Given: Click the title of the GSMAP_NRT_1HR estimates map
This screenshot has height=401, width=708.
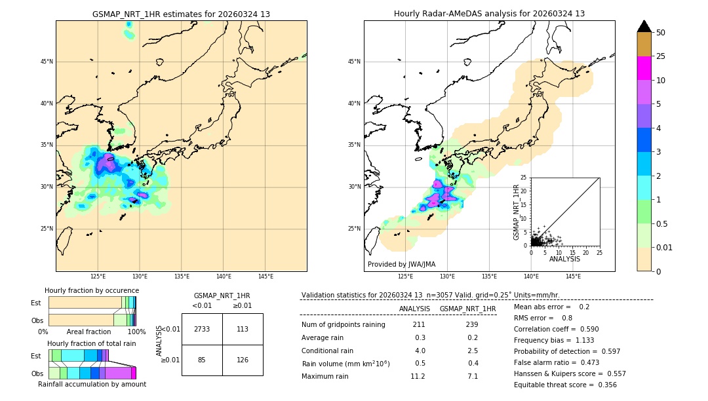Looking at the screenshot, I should pyautogui.click(x=181, y=14).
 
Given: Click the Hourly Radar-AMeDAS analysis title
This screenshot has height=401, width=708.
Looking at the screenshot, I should pyautogui.click(x=489, y=14).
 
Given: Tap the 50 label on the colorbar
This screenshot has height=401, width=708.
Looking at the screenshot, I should pyautogui.click(x=661, y=33).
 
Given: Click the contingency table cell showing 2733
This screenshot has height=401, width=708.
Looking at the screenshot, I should pyautogui.click(x=202, y=329).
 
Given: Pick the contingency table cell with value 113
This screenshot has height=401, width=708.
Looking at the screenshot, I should pyautogui.click(x=243, y=329).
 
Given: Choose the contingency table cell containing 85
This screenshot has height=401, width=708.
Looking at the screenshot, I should pyautogui.click(x=202, y=359).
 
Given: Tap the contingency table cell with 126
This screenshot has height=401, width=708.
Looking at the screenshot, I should pyautogui.click(x=243, y=359).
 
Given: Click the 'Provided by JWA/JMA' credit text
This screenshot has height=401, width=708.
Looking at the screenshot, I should pyautogui.click(x=401, y=265).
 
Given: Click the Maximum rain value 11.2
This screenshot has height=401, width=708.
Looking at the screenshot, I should pyautogui.click(x=418, y=376).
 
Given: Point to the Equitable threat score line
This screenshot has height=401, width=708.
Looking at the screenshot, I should pyautogui.click(x=565, y=385).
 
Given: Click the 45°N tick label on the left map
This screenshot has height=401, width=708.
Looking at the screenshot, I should pyautogui.click(x=47, y=62).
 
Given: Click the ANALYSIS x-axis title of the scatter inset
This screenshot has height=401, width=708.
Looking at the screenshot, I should pyautogui.click(x=564, y=259).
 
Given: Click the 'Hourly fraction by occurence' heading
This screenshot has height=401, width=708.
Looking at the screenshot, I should pyautogui.click(x=92, y=290).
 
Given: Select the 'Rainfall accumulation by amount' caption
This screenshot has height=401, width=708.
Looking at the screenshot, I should pyautogui.click(x=92, y=384).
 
